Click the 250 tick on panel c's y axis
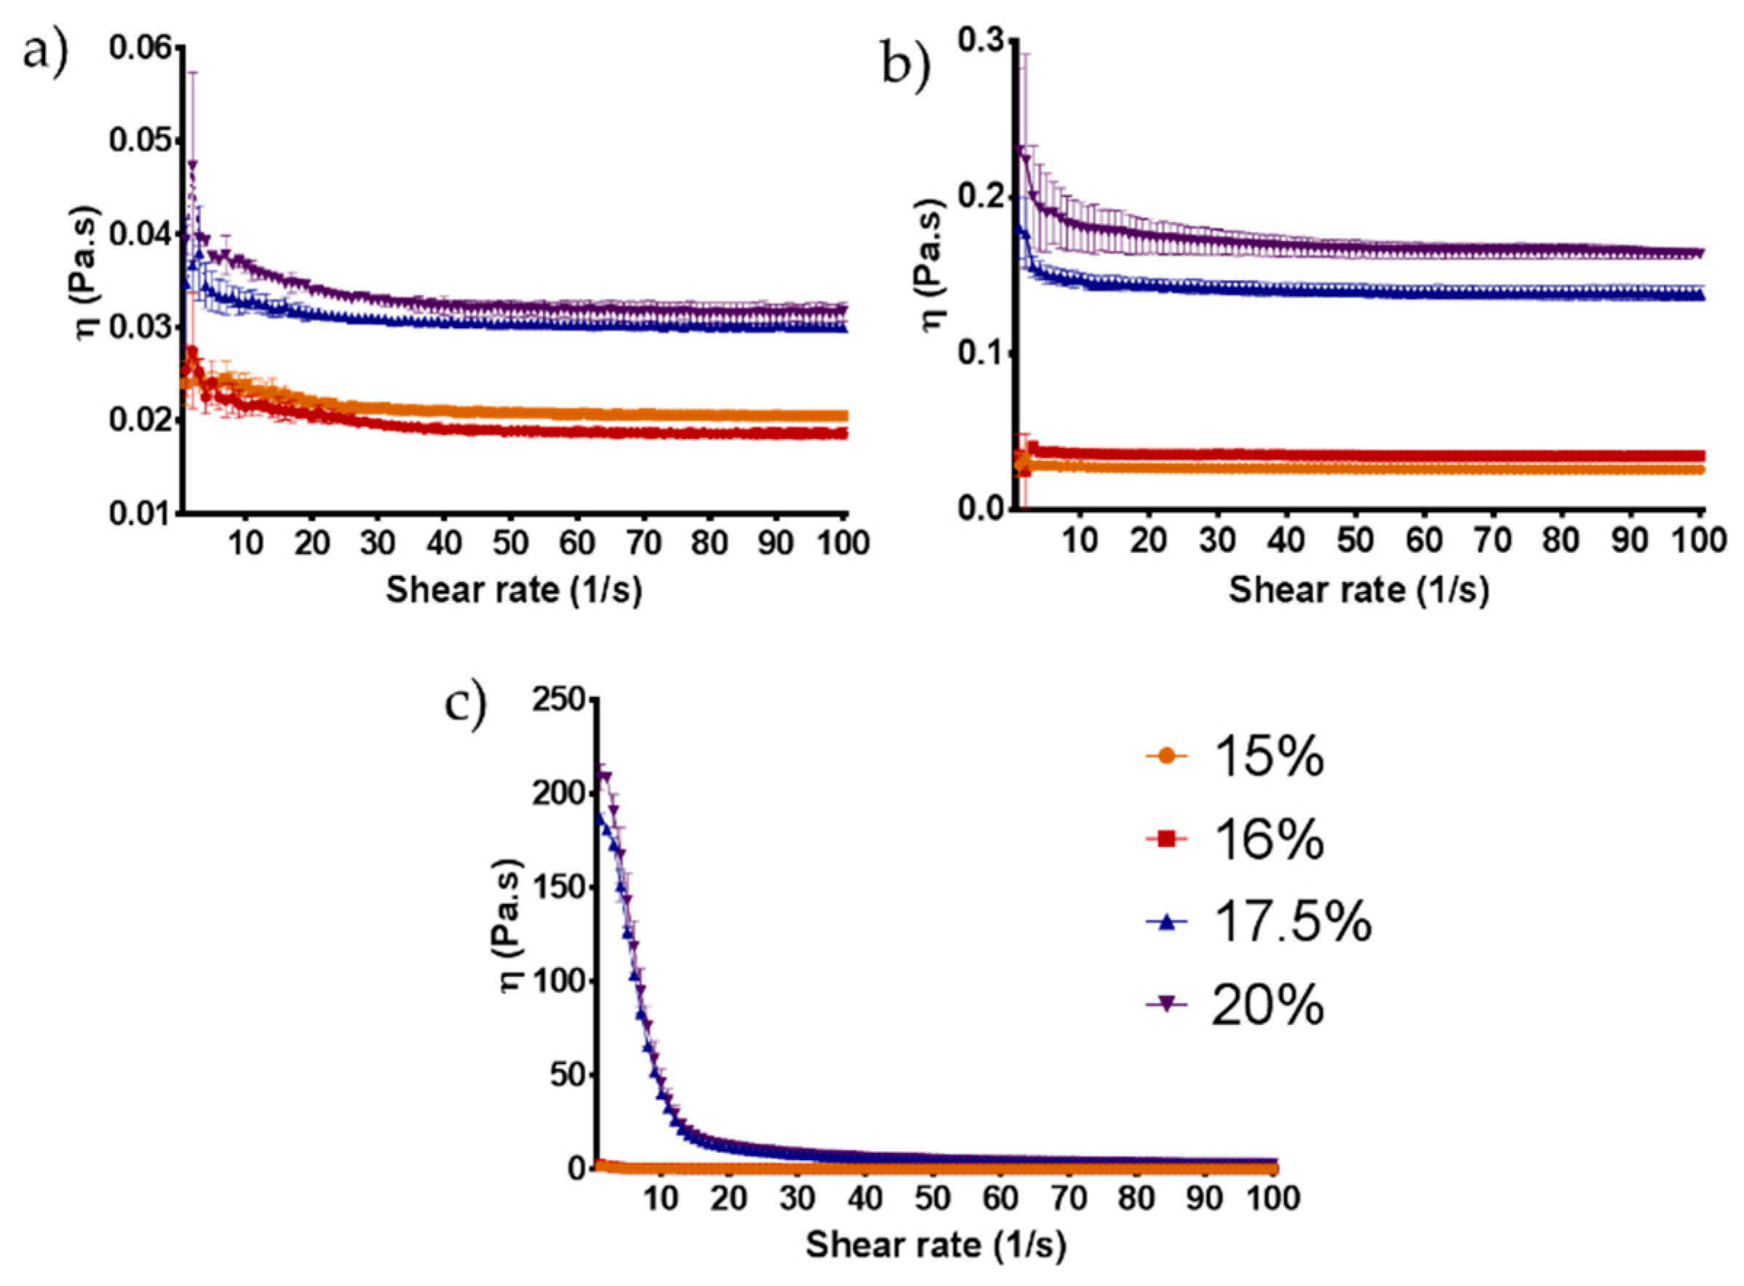point(558,701)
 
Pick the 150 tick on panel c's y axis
point(558,888)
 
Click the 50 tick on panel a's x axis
point(511,543)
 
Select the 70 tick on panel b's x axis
point(1492,540)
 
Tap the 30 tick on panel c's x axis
point(797,1198)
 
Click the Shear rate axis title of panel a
point(514,590)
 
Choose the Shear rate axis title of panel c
point(935,1245)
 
